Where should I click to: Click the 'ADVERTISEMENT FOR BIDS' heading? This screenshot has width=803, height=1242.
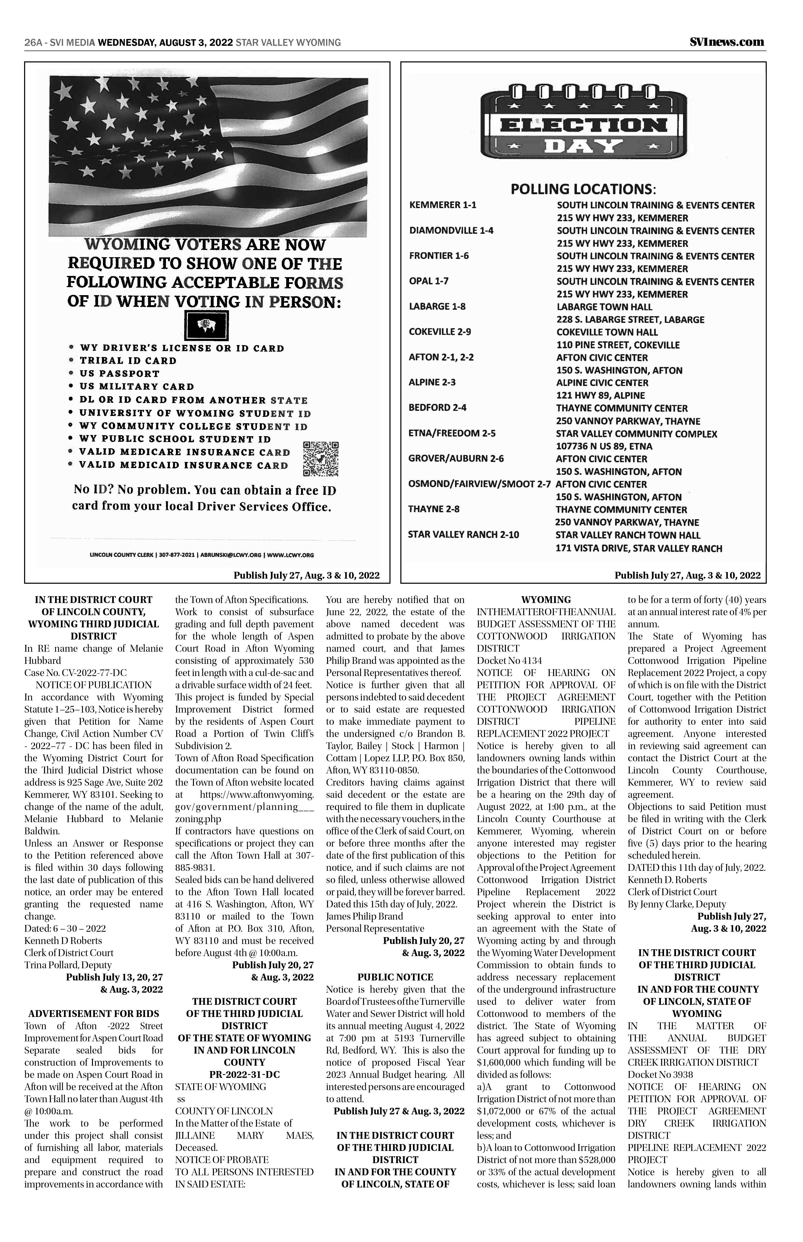[x=94, y=1013]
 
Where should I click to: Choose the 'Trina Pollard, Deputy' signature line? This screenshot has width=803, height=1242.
[x=68, y=965]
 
